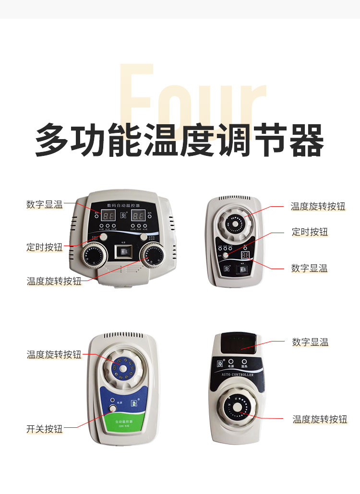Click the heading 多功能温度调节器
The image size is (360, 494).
[180, 140]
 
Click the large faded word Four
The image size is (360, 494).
[192, 98]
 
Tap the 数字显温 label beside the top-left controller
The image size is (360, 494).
[44, 204]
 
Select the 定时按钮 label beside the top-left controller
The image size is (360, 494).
[44, 247]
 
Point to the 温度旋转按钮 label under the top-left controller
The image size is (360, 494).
[54, 281]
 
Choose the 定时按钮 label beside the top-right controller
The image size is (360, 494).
[310, 232]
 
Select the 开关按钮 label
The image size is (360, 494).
[44, 429]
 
